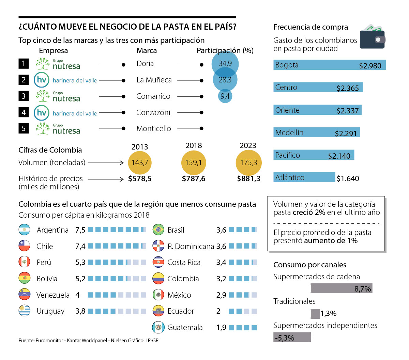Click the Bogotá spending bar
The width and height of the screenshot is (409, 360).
point(329,65)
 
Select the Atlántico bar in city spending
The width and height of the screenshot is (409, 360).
point(304,177)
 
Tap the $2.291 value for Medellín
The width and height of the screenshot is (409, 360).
point(346,133)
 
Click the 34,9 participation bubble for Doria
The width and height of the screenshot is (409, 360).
point(225,63)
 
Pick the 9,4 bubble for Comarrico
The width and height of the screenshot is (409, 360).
point(225,96)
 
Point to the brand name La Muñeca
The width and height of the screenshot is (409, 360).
point(154,80)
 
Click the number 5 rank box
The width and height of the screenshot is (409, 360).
point(24,128)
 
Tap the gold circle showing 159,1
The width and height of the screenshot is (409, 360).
point(194,162)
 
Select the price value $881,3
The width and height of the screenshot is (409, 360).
point(248,179)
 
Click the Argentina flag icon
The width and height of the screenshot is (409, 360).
point(25,230)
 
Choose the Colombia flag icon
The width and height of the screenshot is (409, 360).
point(158,279)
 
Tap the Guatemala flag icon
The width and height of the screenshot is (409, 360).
point(158,327)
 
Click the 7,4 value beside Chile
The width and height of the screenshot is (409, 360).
point(80,246)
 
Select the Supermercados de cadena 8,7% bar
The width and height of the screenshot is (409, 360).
point(341,288)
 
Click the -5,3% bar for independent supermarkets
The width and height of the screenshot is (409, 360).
point(292,338)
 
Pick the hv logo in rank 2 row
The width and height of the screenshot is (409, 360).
point(42,80)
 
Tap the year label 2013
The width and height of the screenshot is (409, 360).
point(140,147)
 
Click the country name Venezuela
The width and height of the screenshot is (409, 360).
point(53,295)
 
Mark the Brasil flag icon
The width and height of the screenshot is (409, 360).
point(158,230)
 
